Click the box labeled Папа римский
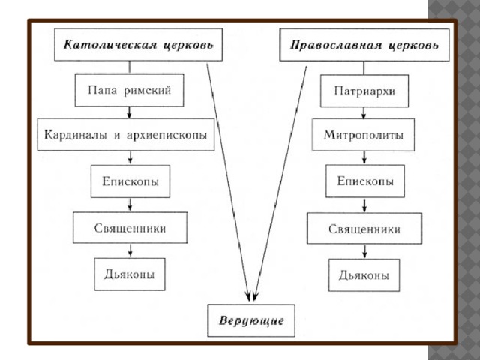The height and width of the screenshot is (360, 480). pos(129,90)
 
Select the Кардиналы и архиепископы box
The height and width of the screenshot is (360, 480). pos(126,135)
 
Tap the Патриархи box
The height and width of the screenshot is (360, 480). pos(364,91)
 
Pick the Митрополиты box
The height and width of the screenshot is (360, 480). pos(363,135)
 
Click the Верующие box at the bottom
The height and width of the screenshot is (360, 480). pos(251,320)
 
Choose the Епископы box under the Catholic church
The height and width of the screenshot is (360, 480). pos(130,181)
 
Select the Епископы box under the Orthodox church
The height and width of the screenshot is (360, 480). pos(365,181)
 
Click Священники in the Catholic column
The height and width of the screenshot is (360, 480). pos(130,228)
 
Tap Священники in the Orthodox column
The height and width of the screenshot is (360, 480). pos(364,229)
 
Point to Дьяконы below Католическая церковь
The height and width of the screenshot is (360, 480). pos(130,274)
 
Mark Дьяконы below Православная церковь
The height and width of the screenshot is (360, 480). pos(364,275)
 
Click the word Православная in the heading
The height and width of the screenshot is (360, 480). pos(336,45)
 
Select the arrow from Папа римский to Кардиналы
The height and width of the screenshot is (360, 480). pos(129,112)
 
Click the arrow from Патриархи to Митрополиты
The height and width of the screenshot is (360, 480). pos(364,113)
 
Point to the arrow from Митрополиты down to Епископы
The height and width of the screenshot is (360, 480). pos(364,157)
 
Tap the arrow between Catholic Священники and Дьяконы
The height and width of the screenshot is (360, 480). pos(130,250)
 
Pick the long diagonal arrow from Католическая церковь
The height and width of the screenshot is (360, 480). pos(228,182)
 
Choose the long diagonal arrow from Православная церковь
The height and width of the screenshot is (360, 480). pos(280,183)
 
